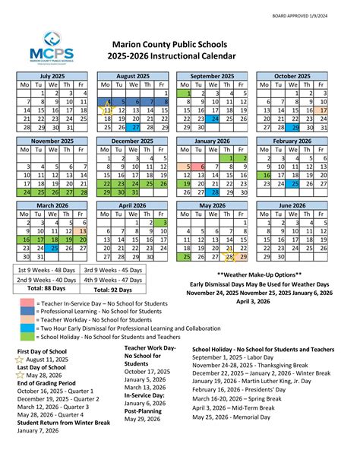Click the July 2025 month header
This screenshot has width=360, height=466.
point(52,76)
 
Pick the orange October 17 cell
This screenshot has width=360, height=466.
point(344,110)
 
